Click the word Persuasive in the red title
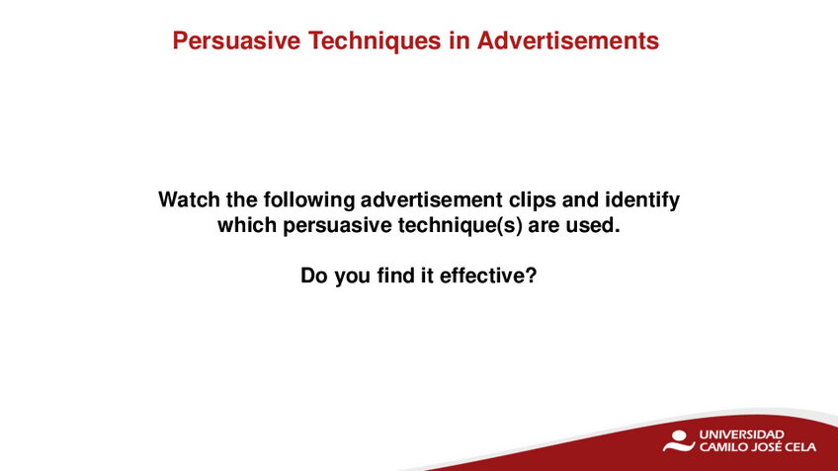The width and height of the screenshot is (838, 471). [x=236, y=40]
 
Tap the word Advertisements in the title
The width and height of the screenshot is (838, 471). [x=567, y=40]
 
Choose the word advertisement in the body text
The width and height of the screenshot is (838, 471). [x=431, y=199]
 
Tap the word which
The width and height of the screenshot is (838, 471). [x=247, y=225]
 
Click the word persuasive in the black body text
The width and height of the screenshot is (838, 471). [x=338, y=226]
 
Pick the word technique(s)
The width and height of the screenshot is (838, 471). [x=461, y=226]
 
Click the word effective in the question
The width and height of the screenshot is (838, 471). [x=481, y=275]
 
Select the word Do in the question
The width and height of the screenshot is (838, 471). [x=313, y=275]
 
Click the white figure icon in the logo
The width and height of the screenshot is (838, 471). [x=679, y=441]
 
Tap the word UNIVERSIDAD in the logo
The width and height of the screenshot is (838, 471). [x=741, y=434]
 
